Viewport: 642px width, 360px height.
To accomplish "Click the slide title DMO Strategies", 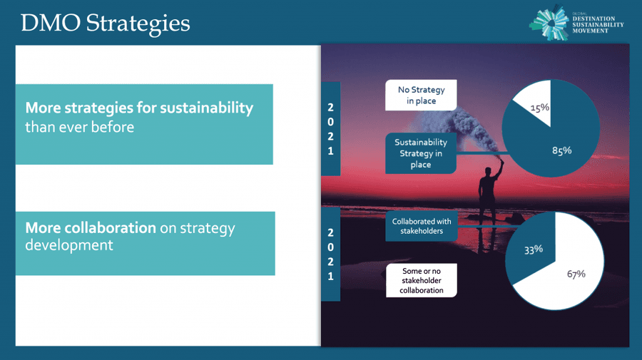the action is click(106, 23).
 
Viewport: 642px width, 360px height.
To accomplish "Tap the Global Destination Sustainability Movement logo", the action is click(576, 24).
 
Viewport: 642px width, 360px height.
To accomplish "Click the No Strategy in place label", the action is click(421, 95).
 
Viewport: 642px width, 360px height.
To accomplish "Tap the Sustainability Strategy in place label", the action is click(421, 153).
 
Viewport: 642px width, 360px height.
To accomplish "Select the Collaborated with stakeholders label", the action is click(422, 226).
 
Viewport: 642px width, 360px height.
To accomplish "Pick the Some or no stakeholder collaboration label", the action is click(422, 280).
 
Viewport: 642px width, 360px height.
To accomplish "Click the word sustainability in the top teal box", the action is click(206, 108).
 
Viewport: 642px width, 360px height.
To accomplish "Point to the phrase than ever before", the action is click(79, 127).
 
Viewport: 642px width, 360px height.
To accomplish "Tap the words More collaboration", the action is click(91, 227).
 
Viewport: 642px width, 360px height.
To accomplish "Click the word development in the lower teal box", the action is click(68, 245).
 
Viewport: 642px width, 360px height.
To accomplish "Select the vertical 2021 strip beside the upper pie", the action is click(330, 129).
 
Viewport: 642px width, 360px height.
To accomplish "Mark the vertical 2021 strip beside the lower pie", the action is click(330, 254).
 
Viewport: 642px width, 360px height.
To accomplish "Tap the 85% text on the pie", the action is click(562, 150).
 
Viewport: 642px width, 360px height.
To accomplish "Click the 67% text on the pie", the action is click(576, 274).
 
